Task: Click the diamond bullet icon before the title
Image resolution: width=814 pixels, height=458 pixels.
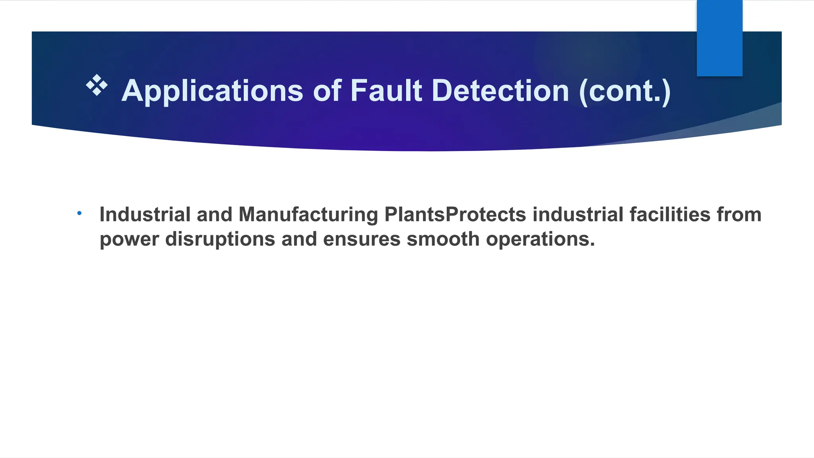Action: point(97,85)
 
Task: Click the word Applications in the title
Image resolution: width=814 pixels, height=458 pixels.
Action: point(212,91)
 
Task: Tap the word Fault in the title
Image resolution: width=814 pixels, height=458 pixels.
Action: point(386,91)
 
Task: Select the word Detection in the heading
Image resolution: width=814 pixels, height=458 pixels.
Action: point(500,91)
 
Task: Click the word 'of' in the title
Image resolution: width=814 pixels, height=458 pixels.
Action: point(327,91)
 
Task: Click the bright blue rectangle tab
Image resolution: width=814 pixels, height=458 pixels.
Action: point(719,38)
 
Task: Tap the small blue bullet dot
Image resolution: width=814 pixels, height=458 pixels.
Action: point(79,213)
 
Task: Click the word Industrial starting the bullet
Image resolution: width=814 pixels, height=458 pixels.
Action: point(145,215)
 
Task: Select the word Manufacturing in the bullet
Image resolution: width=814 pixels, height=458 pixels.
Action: point(308,215)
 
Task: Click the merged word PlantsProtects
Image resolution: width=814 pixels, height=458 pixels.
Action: point(455,215)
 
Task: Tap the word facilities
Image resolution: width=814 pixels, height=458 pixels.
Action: point(670,215)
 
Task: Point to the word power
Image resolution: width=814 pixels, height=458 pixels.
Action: point(129,239)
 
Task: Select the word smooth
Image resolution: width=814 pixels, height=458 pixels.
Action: point(443,239)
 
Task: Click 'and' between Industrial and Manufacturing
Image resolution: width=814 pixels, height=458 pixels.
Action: point(215,215)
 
